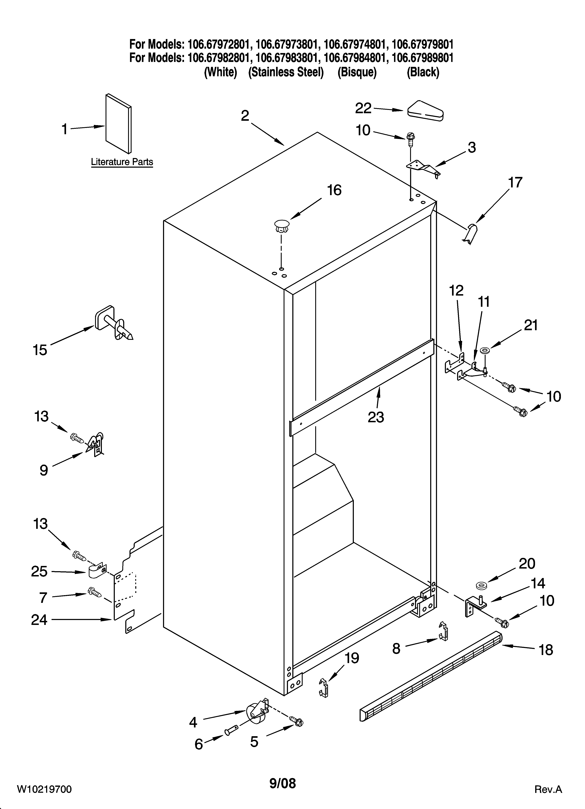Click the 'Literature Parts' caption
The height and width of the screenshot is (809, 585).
pyautogui.click(x=122, y=162)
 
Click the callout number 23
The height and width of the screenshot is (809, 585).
pyautogui.click(x=376, y=417)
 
